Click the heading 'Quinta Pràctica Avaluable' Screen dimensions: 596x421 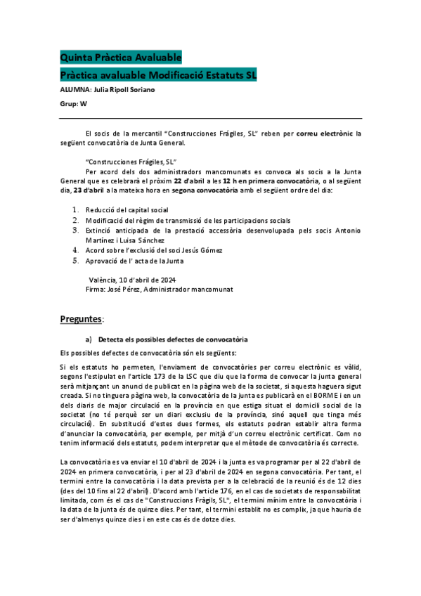(121, 57)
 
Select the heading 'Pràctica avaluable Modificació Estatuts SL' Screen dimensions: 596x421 (159, 74)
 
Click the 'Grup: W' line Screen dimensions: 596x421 (74, 103)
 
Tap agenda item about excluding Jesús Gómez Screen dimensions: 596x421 (154, 250)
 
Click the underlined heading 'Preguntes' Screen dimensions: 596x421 (81, 319)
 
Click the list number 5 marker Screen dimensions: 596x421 (76, 261)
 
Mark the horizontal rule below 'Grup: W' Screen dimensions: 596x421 (211, 118)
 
